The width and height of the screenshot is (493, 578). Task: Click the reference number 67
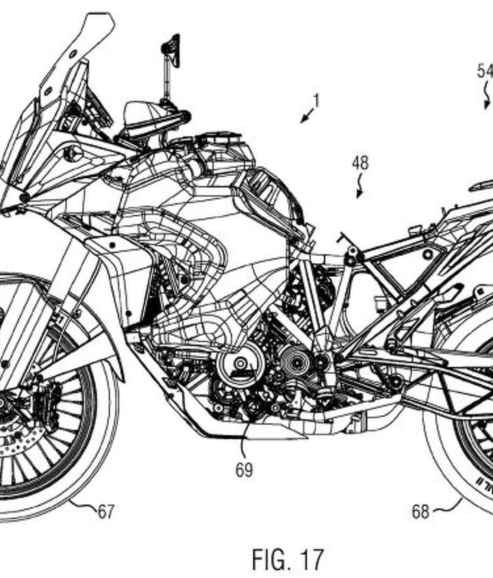105,512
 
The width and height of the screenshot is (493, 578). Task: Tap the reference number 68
420,511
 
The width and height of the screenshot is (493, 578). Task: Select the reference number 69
244,471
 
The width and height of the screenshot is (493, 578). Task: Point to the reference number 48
360,163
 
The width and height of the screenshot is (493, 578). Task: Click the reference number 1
316,101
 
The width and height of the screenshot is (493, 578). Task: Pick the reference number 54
484,70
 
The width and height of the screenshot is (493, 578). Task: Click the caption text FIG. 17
288,559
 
